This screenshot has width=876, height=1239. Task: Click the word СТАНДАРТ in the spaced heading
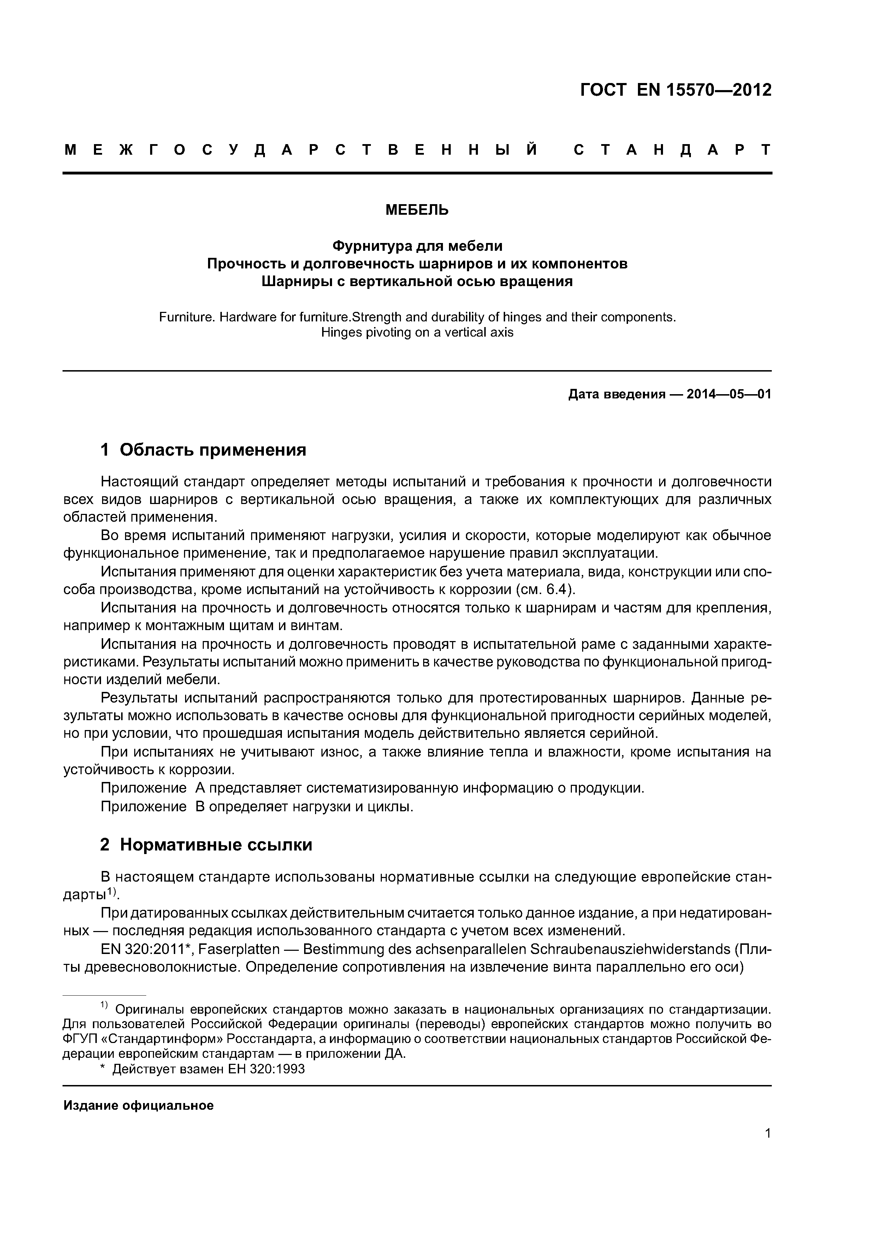[672, 150]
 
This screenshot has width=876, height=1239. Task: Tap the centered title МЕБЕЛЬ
[417, 210]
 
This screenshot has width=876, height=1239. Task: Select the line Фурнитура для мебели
[417, 246]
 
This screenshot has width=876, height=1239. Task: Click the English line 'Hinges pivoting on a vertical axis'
[417, 332]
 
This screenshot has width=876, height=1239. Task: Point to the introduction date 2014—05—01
[729, 395]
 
